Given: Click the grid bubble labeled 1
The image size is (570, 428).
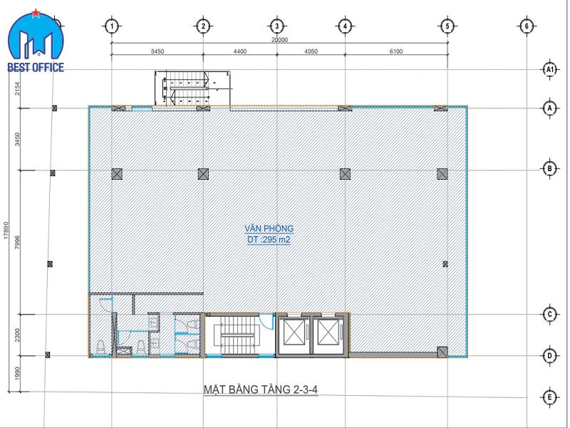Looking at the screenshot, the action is click(113, 26).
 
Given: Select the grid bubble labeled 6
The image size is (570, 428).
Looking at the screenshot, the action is click(527, 26).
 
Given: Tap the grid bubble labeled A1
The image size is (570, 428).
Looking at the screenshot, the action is click(549, 69).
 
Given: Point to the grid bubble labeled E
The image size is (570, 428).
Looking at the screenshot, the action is click(549, 397).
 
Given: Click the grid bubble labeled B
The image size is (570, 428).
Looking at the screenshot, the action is click(549, 168).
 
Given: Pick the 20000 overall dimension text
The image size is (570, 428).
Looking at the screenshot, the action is click(279, 40).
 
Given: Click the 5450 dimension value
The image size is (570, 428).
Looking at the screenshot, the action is click(157, 51).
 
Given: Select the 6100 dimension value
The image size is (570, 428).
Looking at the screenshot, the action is click(396, 51).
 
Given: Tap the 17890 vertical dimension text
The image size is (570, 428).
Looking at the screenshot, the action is click(6, 230).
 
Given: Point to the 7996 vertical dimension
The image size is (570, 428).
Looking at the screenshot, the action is click(17, 243).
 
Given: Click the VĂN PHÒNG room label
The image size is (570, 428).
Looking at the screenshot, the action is click(269, 228).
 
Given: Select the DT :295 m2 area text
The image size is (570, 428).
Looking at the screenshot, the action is click(269, 240).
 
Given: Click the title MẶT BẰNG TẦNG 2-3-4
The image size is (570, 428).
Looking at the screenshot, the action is click(260, 389).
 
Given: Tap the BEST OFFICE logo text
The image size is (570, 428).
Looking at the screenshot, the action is click(36, 67).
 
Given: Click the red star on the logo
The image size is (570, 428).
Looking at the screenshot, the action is click(36, 14).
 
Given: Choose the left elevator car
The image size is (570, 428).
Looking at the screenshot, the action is click(294, 332).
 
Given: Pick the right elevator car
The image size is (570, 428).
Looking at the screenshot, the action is click(328, 332).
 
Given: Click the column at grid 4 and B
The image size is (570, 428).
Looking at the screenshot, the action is click(345, 174).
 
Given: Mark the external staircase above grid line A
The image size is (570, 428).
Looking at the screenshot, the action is click(192, 88).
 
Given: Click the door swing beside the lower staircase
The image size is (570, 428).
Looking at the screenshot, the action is click(268, 322).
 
